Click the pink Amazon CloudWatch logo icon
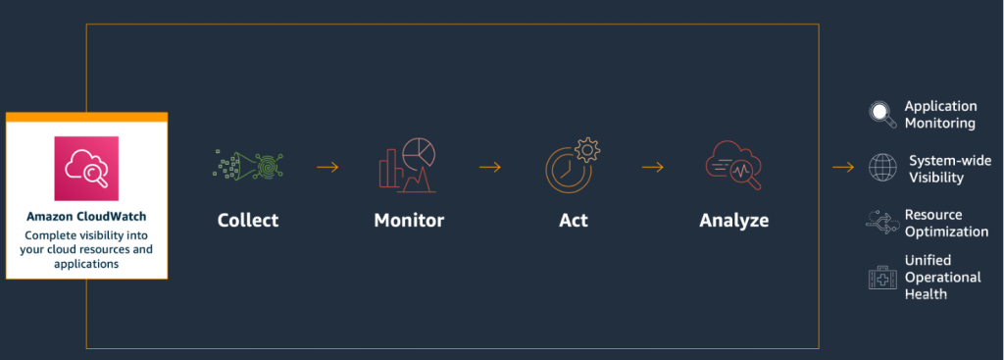[x=85, y=168]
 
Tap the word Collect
[x=248, y=220]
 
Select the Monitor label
[x=409, y=220]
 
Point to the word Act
[x=574, y=220]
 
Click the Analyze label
[x=734, y=220]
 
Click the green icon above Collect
[x=247, y=166]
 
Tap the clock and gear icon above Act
[x=573, y=164]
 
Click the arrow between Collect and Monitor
[x=327, y=167]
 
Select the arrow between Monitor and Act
[x=490, y=167]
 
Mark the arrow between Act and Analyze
[x=653, y=167]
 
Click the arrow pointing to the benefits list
[x=843, y=167]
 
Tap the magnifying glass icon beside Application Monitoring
[x=882, y=115]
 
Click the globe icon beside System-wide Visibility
[x=882, y=168]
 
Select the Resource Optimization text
[x=945, y=223]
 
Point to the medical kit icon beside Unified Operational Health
[x=882, y=278]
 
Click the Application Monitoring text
[x=940, y=114]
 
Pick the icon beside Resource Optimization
[x=880, y=223]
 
